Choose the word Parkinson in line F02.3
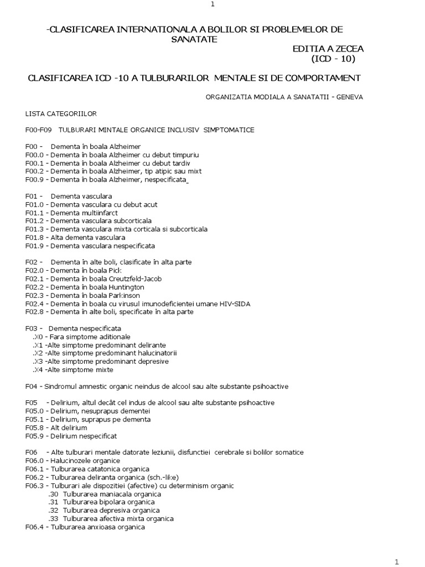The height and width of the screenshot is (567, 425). tap(125, 295)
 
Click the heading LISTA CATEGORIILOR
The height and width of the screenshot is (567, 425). tap(61, 114)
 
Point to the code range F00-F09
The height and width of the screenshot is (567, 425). tap(38, 130)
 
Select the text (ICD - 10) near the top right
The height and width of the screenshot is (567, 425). tap(330, 59)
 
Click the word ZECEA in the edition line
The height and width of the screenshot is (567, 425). tap(347, 49)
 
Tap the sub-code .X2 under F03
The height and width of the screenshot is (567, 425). tap(38, 353)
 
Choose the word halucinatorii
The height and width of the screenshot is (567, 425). tap(157, 353)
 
